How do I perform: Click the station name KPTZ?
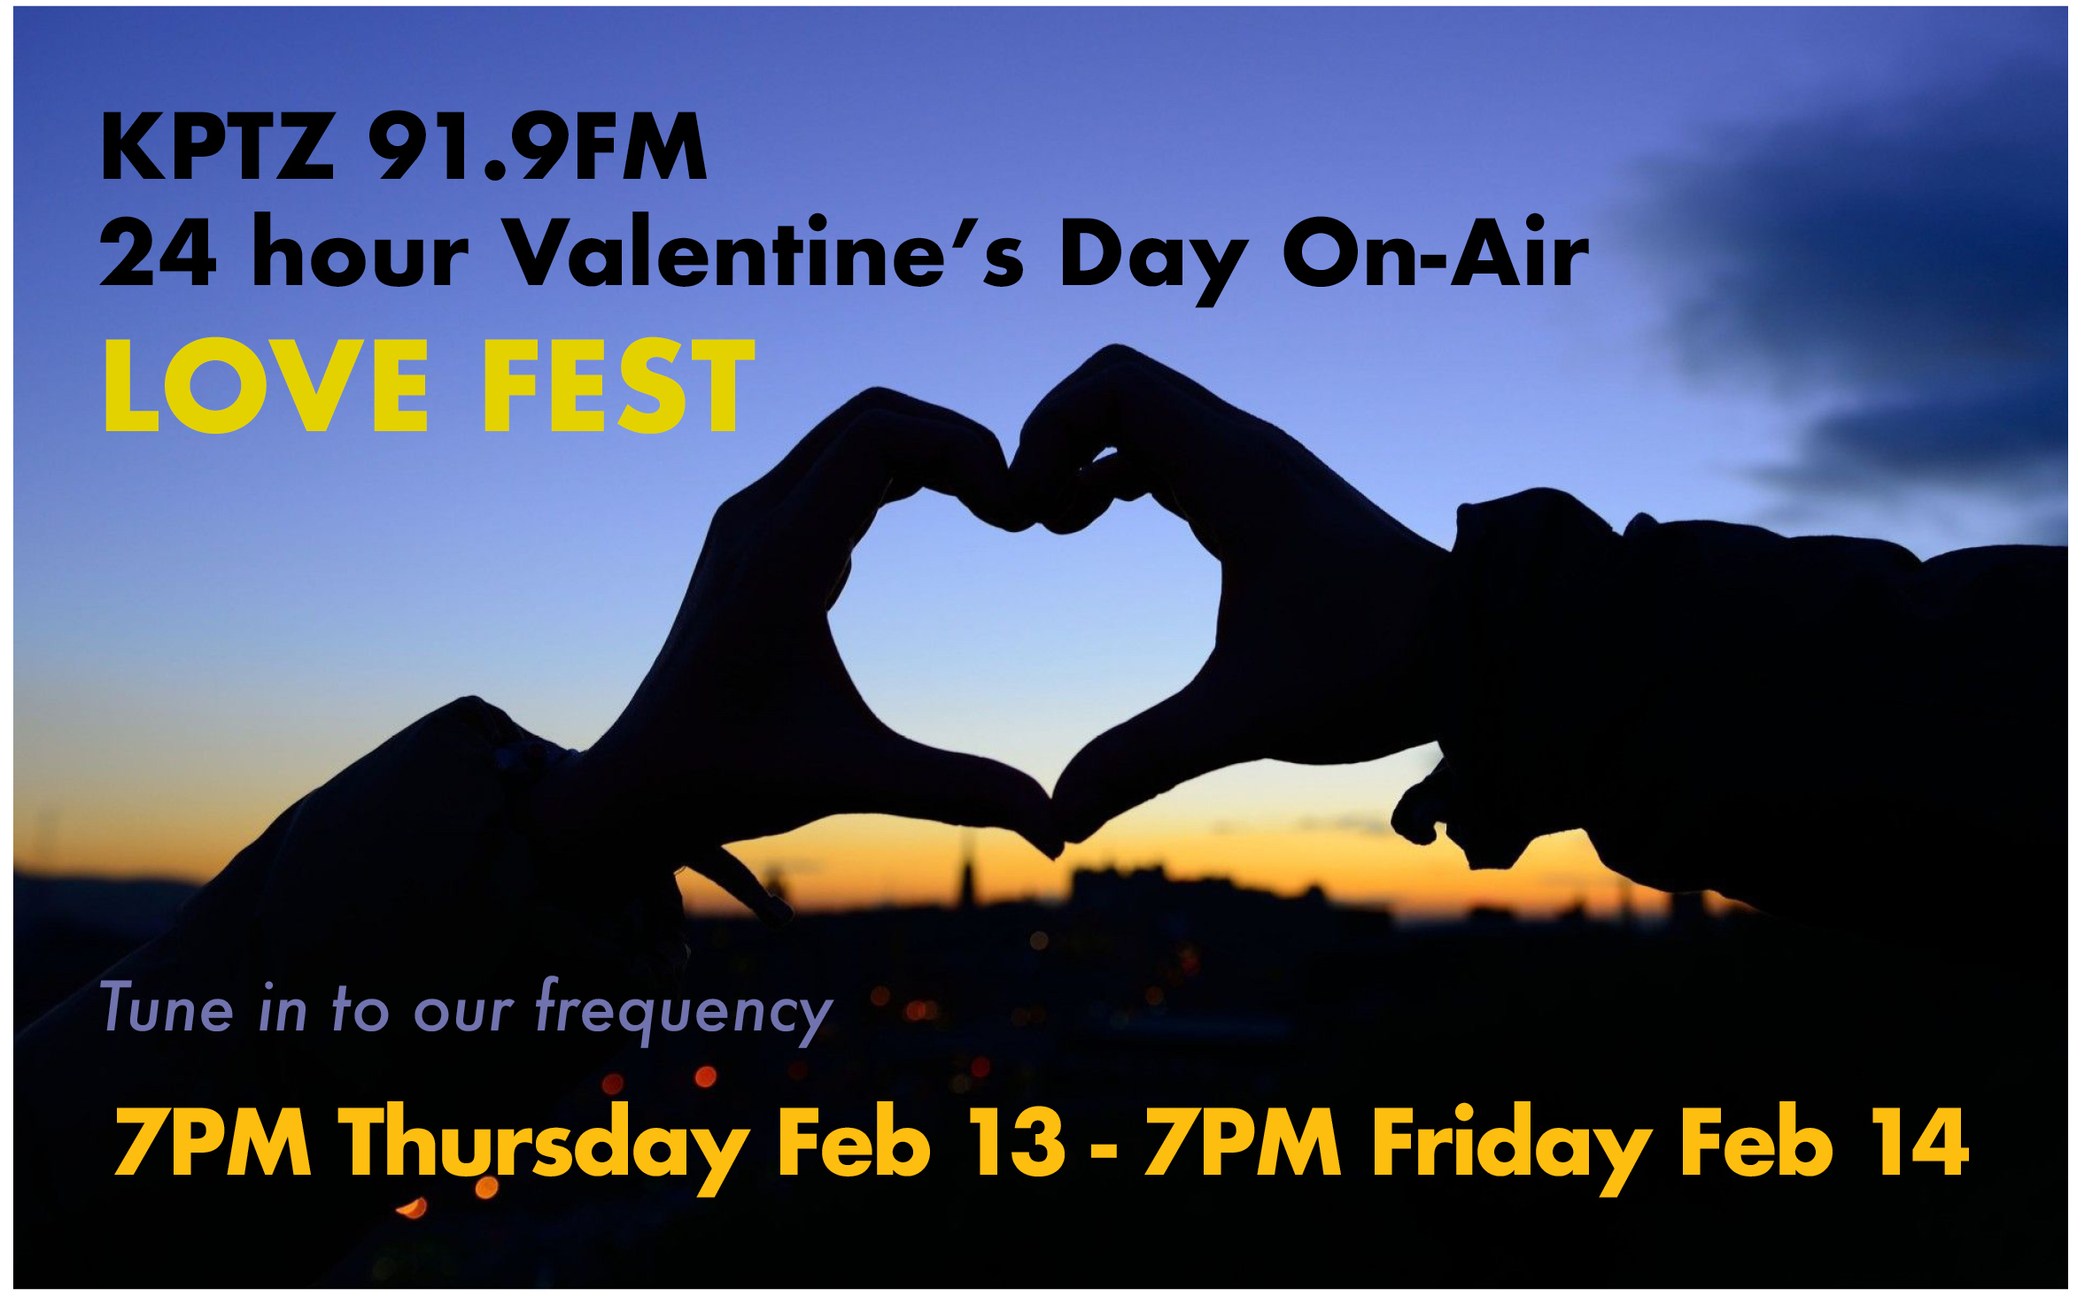(x=218, y=147)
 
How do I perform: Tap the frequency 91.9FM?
(x=538, y=147)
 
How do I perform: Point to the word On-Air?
(x=1436, y=252)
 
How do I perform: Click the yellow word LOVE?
(x=267, y=387)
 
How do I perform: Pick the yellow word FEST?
(x=617, y=387)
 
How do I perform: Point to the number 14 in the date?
(x=1919, y=1142)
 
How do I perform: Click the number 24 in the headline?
(x=158, y=252)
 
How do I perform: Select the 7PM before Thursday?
(x=213, y=1142)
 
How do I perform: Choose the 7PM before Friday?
(x=1243, y=1142)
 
